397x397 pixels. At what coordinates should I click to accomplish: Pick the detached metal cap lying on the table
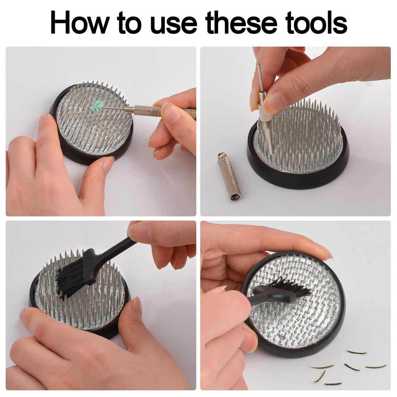229,176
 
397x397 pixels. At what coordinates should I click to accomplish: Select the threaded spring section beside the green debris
129,109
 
